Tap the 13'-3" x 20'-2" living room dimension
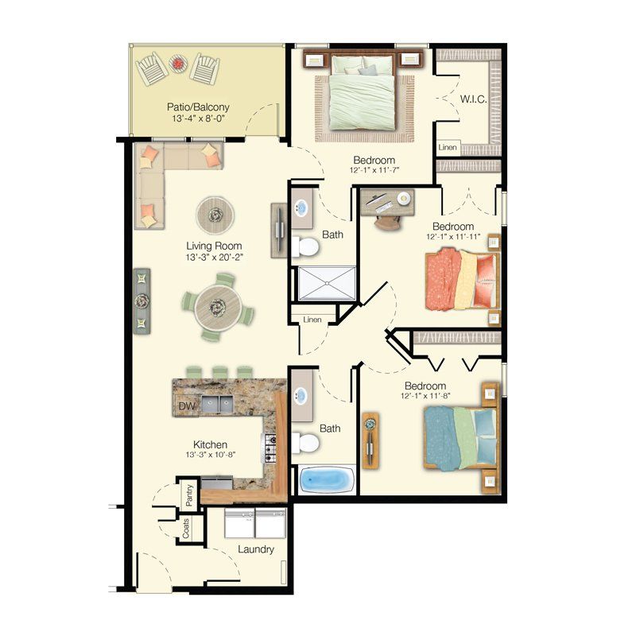(214, 258)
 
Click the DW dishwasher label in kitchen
(187, 406)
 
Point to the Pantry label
(189, 493)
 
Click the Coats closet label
(186, 529)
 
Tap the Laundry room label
(255, 549)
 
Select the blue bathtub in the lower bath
(327, 479)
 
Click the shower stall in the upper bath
(327, 282)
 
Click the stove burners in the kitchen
(270, 449)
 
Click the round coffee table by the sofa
(215, 212)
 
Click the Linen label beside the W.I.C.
(448, 148)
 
